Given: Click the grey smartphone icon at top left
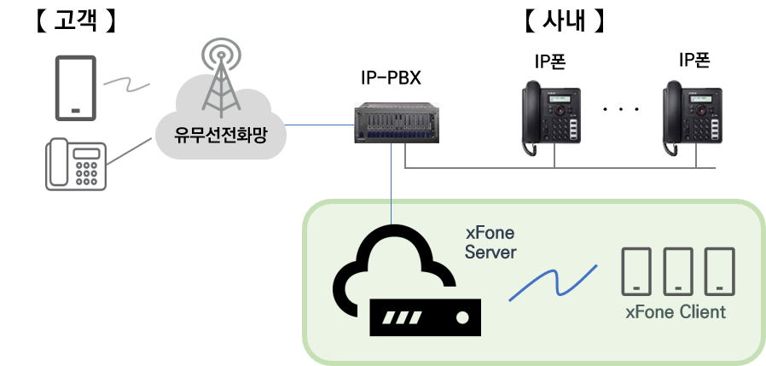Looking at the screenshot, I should (x=75, y=88).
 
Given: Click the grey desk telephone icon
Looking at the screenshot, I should (x=75, y=164).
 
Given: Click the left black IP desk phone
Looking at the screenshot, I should (x=552, y=119).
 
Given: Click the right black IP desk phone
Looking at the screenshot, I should (x=693, y=119).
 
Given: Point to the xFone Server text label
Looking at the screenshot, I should (x=490, y=242).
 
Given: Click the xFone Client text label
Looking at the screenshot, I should (x=676, y=312).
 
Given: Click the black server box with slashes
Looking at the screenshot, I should (x=426, y=317).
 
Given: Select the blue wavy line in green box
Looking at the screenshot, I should (x=552, y=283).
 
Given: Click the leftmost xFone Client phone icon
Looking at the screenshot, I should (x=637, y=270).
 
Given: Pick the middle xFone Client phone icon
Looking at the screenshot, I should (x=678, y=270).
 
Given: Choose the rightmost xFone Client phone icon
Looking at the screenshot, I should (x=719, y=270).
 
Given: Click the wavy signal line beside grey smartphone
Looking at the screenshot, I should (x=126, y=84).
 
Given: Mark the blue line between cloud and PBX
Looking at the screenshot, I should (x=319, y=125).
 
